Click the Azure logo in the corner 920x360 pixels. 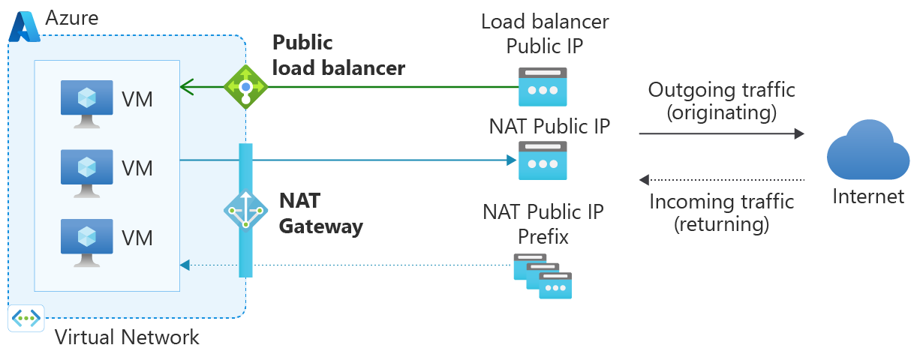[24, 26]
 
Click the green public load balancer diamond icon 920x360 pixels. [246, 86]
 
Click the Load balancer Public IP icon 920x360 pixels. [543, 87]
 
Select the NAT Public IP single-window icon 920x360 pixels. [543, 160]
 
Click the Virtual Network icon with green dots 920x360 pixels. [26, 318]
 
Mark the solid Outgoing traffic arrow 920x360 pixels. [721, 134]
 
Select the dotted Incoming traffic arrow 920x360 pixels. [721, 180]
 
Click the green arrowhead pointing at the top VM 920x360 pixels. [185, 87]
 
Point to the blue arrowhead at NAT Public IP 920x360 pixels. [511, 160]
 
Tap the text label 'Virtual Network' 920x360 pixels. [128, 337]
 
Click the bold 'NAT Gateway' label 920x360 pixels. [320, 213]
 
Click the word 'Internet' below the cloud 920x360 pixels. [868, 196]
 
